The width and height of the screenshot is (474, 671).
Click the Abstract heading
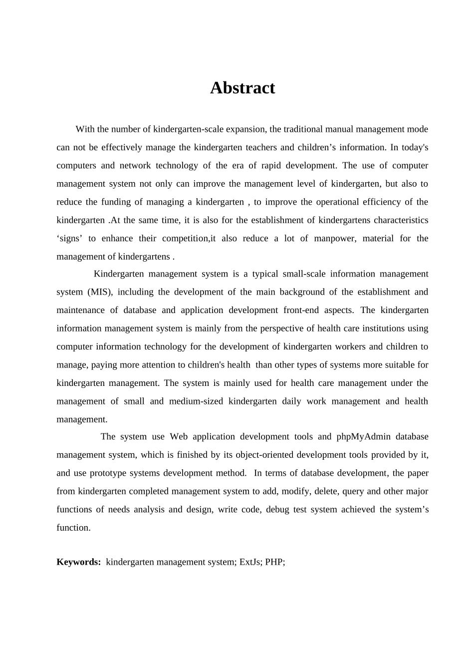(x=242, y=88)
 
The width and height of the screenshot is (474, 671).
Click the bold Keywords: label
(x=79, y=562)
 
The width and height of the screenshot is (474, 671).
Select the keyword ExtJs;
(x=251, y=562)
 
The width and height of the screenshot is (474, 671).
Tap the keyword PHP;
(x=275, y=562)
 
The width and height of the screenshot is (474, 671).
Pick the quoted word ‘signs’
(x=69, y=239)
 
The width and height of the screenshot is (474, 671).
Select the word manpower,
(x=335, y=239)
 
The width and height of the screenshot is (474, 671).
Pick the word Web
(x=179, y=437)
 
